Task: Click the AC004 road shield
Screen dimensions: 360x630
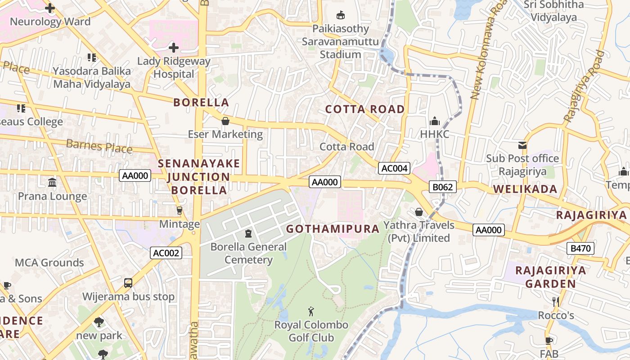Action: pos(394,168)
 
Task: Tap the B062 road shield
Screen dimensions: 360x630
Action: pos(443,187)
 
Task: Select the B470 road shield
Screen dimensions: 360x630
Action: pos(580,248)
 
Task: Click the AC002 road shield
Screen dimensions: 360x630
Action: pos(166,253)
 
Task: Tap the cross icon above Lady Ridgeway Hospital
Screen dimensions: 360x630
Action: pos(174,47)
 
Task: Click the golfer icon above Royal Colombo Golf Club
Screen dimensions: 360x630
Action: pos(311,311)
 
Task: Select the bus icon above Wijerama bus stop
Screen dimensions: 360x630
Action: pos(128,283)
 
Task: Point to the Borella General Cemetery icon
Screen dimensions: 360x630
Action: pos(248,233)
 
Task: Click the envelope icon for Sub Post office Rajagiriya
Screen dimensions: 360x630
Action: pos(522,145)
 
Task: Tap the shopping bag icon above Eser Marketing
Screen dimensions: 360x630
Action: pos(225,121)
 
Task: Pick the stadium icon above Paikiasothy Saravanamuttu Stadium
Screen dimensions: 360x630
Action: pos(341,15)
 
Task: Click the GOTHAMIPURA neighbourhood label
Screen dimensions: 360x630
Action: pos(333,229)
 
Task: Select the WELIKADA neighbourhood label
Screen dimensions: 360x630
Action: pos(525,189)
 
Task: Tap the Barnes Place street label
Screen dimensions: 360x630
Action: pos(99,146)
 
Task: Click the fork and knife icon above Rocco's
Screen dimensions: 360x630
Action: pos(556,301)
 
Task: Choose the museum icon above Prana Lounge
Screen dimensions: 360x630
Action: pos(52,183)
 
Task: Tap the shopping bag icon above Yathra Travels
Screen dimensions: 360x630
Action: pos(419,211)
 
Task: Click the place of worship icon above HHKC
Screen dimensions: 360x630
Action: pos(434,121)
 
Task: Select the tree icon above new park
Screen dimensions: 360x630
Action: pos(99,322)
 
